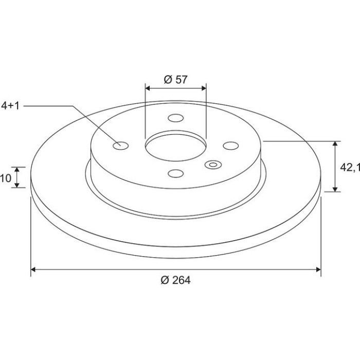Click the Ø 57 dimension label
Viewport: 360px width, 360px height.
[x=176, y=80]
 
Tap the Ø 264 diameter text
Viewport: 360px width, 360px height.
[x=176, y=280]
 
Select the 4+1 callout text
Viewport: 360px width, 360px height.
[x=10, y=106]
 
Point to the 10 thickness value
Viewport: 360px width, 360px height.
[x=6, y=178]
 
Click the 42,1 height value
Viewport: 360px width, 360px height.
[x=350, y=168]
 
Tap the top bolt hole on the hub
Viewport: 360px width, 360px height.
[x=176, y=118]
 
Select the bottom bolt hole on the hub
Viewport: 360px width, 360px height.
[x=176, y=173]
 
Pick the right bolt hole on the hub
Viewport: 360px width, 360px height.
[x=231, y=146]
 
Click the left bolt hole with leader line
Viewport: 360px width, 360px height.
[x=121, y=146]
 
